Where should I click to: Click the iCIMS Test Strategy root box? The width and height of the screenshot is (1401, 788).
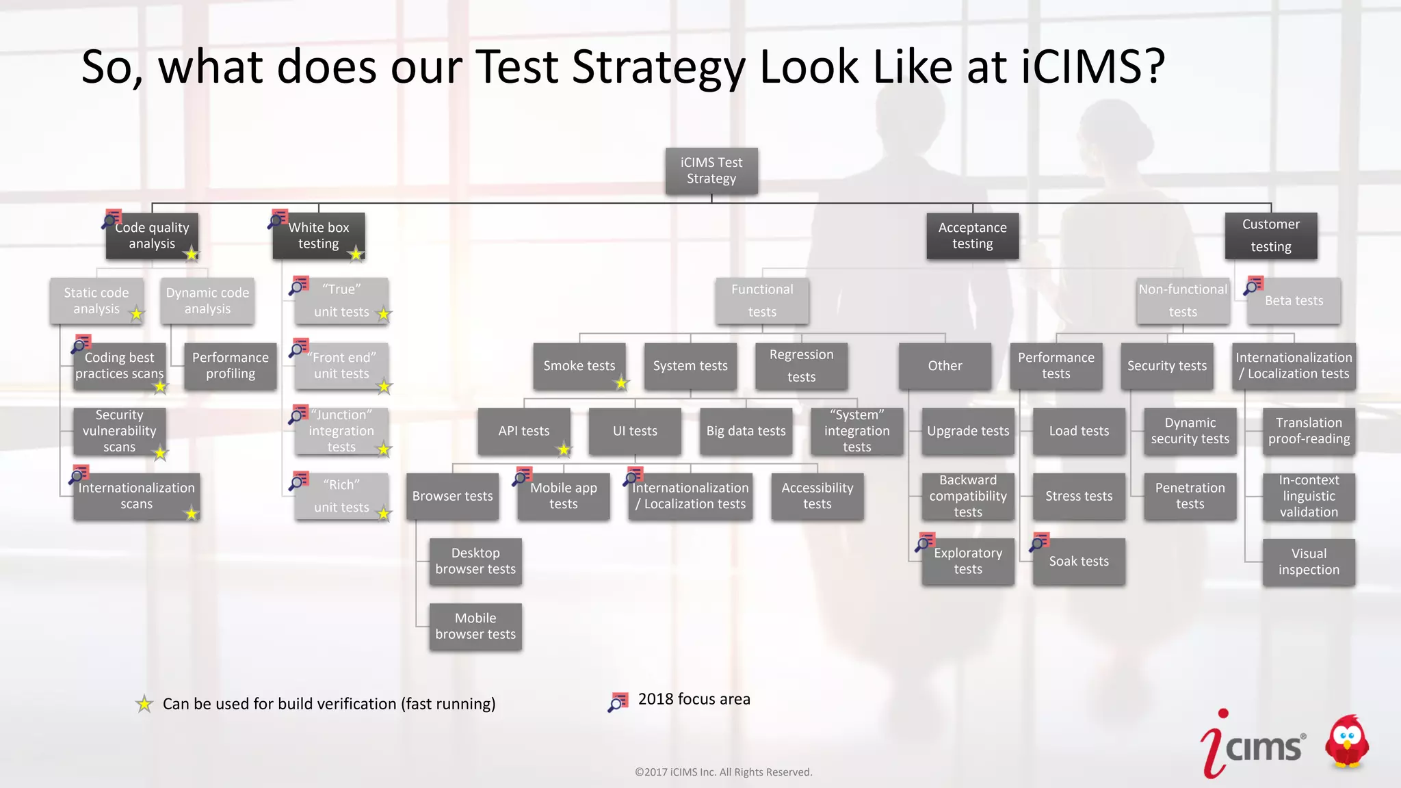[x=711, y=170]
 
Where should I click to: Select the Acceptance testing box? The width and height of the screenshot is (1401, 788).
[x=972, y=236]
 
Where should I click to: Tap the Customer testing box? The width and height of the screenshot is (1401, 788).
[x=1270, y=236]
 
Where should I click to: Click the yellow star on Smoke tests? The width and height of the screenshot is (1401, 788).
[x=621, y=383]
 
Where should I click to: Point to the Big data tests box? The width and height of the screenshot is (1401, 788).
[x=746, y=431]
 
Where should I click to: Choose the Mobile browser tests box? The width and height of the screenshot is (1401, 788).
[x=475, y=626]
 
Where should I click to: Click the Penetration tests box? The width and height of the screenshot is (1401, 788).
[x=1190, y=496]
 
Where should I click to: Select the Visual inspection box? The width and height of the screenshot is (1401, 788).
[x=1308, y=562]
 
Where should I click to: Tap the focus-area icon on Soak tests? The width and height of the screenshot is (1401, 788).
[x=1040, y=542]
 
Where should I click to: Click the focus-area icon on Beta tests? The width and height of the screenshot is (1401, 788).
[x=1253, y=285]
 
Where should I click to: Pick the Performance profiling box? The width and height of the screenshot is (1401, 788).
[x=231, y=366]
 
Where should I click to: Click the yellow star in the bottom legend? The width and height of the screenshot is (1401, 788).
[x=144, y=704]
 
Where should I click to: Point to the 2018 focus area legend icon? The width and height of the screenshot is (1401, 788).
[x=618, y=702]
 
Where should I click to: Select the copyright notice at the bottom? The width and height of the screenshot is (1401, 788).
[x=723, y=772]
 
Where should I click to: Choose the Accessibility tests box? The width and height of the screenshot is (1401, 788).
[x=817, y=496]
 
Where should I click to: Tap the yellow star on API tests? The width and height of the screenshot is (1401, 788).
[x=563, y=449]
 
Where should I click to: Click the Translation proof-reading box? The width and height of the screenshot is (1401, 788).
[x=1308, y=431]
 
